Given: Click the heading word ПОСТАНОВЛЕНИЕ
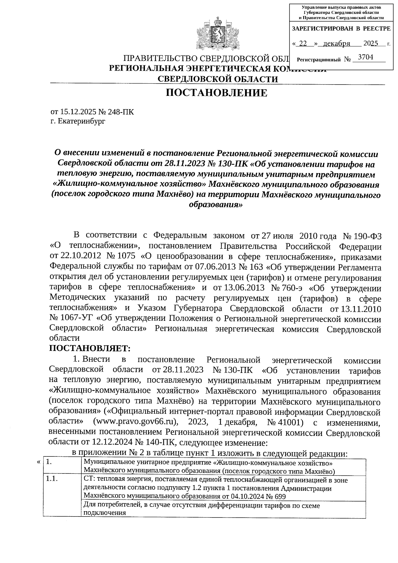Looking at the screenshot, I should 217,93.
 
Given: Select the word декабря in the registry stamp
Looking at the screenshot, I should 337,43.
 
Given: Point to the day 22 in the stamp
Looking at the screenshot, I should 303,43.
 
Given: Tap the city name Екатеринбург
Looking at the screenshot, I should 81,121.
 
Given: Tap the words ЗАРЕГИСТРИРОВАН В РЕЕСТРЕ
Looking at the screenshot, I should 341,29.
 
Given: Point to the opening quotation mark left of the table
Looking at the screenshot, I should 39,462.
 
